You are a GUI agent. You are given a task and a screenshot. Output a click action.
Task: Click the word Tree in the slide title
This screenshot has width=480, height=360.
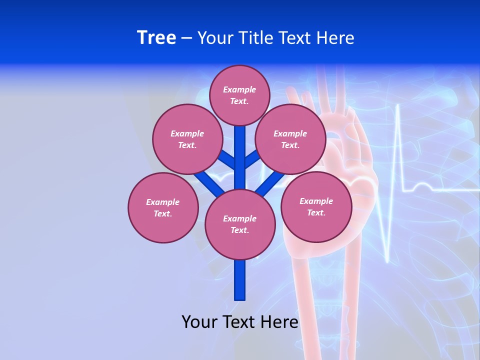pyautogui.click(x=156, y=38)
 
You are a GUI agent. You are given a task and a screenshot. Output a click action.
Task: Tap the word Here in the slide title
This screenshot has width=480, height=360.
pyautogui.click(x=335, y=38)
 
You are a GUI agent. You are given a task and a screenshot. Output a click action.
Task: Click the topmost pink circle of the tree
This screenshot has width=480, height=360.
pyautogui.click(x=239, y=95)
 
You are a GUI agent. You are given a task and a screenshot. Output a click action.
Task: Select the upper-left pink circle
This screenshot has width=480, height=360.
pyautogui.click(x=187, y=139)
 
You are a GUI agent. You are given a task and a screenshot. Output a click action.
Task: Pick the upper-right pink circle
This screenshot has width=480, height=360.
pyautogui.click(x=290, y=139)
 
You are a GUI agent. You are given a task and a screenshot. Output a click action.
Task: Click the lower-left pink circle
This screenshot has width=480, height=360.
pyautogui.click(x=163, y=207)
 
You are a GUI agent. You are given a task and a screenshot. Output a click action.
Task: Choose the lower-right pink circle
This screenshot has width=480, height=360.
pyautogui.click(x=316, y=206)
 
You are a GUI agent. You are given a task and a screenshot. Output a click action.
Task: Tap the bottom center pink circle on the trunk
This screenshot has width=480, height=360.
pyautogui.click(x=240, y=224)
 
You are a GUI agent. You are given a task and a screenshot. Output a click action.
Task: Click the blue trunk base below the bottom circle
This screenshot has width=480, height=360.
pyautogui.click(x=240, y=280)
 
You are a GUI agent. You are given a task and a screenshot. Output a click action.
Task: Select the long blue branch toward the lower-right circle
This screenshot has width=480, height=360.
pyautogui.click(x=270, y=183)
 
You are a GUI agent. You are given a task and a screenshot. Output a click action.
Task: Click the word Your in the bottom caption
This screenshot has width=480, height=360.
pyautogui.click(x=198, y=322)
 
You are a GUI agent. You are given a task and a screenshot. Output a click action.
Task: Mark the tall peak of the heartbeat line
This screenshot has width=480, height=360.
pyautogui.click(x=398, y=107)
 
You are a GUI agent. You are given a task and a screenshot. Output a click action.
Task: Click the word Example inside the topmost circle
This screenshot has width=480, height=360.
pyautogui.click(x=239, y=89)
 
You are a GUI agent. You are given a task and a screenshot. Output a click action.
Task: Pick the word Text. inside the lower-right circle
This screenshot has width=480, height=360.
pyautogui.click(x=316, y=212)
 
